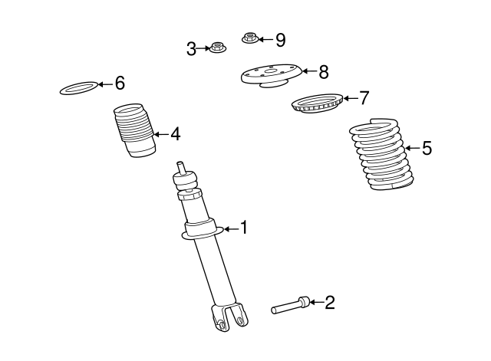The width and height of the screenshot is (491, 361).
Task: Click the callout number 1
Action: [244, 228]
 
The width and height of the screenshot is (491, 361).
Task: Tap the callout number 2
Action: [330, 303]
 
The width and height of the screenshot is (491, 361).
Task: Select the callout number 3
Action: [192, 49]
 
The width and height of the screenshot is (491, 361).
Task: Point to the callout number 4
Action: [176, 134]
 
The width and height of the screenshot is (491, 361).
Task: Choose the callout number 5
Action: [427, 149]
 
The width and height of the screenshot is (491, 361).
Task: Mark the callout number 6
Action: [119, 83]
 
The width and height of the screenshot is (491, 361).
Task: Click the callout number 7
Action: [364, 98]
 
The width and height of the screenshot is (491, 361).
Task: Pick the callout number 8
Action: [323, 72]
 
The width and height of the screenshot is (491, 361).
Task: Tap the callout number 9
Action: [280, 38]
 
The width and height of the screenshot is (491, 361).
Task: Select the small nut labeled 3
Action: [216, 49]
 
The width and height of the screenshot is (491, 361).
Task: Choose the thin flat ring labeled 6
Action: [80, 89]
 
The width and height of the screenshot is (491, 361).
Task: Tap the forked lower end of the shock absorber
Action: [229, 316]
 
